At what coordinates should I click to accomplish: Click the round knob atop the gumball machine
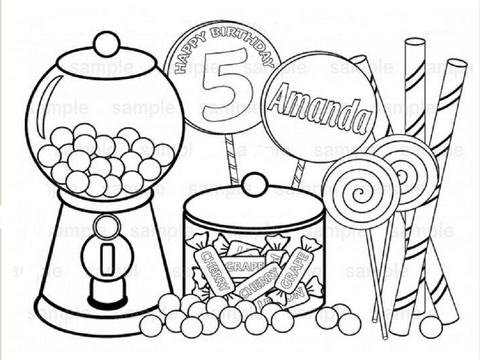click(x=106, y=44)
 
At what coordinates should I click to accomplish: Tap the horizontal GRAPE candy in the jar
click(x=240, y=266)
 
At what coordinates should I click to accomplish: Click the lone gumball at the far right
click(x=431, y=327)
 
